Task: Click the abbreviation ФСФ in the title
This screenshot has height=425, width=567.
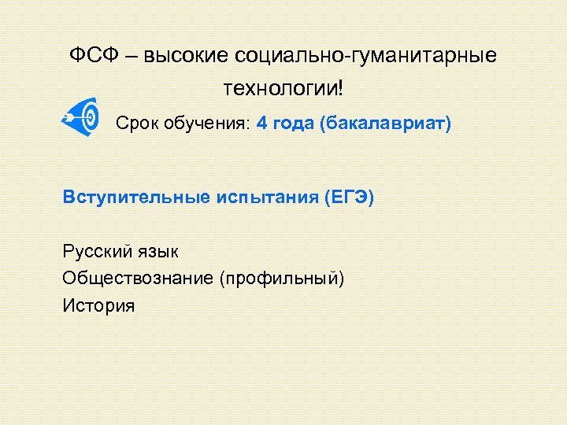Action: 91,55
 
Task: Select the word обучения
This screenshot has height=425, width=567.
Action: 206,124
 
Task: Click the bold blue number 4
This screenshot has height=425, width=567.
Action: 261,124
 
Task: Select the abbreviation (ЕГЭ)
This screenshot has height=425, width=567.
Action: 348,197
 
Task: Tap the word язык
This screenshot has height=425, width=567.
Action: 157,252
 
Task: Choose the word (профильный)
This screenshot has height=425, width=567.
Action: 283,279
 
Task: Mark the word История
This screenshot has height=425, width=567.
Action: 98,305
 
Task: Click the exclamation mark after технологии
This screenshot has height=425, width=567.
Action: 340,87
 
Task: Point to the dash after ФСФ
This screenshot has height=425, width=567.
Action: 130,56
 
